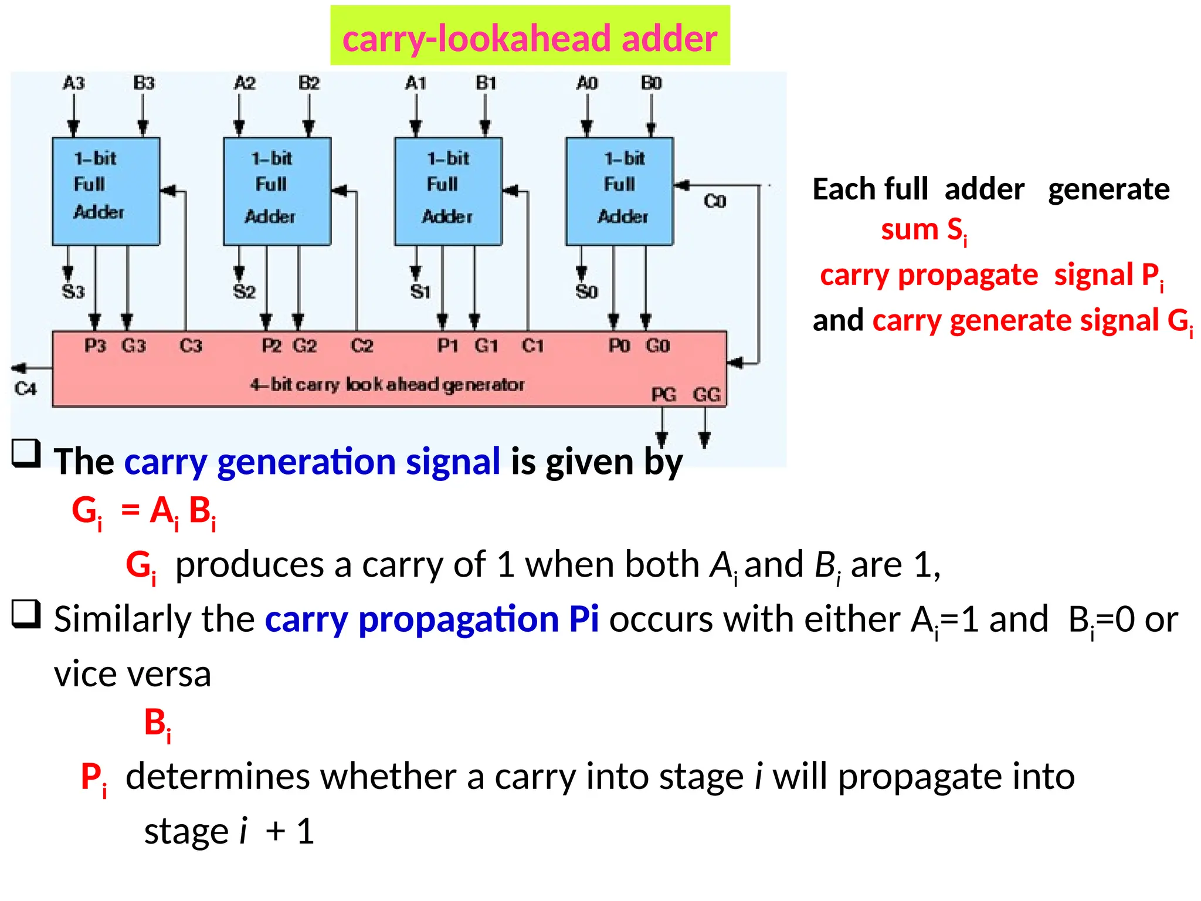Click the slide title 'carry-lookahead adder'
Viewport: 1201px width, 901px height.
tap(530, 38)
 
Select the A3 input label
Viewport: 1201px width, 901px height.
tap(74, 83)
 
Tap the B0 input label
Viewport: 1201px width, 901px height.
tap(651, 83)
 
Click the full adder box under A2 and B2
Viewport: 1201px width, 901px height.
tap(277, 191)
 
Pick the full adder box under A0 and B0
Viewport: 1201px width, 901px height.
tap(619, 191)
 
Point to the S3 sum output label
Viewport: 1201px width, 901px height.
tap(73, 292)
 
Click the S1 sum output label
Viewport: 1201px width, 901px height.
tap(420, 292)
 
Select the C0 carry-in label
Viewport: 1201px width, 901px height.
tap(715, 202)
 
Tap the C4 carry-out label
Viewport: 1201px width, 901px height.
tap(26, 388)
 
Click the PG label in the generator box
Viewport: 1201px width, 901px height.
tap(664, 395)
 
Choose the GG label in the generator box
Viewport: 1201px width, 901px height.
tap(706, 395)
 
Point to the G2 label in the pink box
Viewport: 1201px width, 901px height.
tap(305, 346)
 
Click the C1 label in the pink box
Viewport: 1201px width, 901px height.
tap(532, 346)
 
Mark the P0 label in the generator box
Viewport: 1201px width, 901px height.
tap(619, 346)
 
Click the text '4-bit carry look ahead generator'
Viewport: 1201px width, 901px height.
tap(387, 385)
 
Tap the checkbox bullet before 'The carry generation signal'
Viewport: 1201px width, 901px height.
tap(26, 453)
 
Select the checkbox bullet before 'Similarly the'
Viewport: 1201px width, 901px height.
tap(26, 614)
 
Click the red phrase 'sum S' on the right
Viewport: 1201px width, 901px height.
tap(923, 230)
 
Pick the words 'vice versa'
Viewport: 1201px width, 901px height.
tap(133, 674)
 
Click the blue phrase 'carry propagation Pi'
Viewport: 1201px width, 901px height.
tap(432, 619)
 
